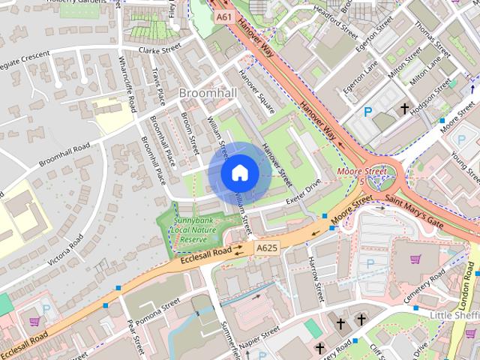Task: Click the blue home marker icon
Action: (x=239, y=173)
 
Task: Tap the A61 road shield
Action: (x=223, y=16)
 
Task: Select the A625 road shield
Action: (x=266, y=247)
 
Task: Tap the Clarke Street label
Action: (x=160, y=48)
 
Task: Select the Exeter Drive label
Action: (x=303, y=193)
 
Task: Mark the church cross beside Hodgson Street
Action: (x=405, y=109)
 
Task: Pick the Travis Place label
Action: (x=158, y=88)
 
